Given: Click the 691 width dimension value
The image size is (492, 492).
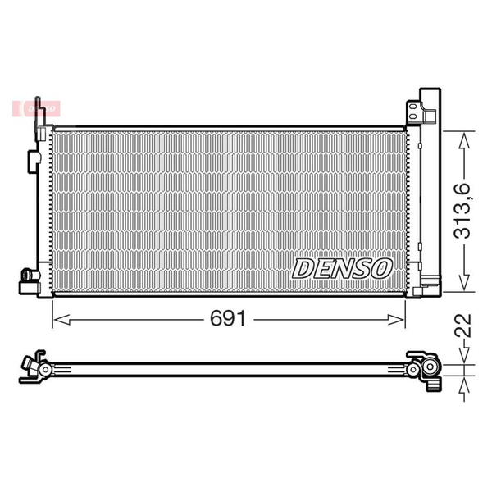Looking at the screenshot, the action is tap(227, 319).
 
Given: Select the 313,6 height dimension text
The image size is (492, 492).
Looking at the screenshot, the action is tap(463, 211).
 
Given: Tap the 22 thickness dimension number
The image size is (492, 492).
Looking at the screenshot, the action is tap(463, 326).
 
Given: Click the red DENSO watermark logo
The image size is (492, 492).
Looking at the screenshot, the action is tap(36, 109).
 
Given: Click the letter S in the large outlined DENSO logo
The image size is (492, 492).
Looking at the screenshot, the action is tap(362, 269).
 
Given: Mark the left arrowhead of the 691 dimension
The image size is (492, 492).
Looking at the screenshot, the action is tap(61, 320).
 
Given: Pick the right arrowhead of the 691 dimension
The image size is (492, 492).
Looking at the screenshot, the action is tap(396, 320).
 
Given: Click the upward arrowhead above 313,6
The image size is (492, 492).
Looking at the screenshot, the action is tap(464, 140).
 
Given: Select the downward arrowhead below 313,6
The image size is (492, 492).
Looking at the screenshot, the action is tap(464, 282).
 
